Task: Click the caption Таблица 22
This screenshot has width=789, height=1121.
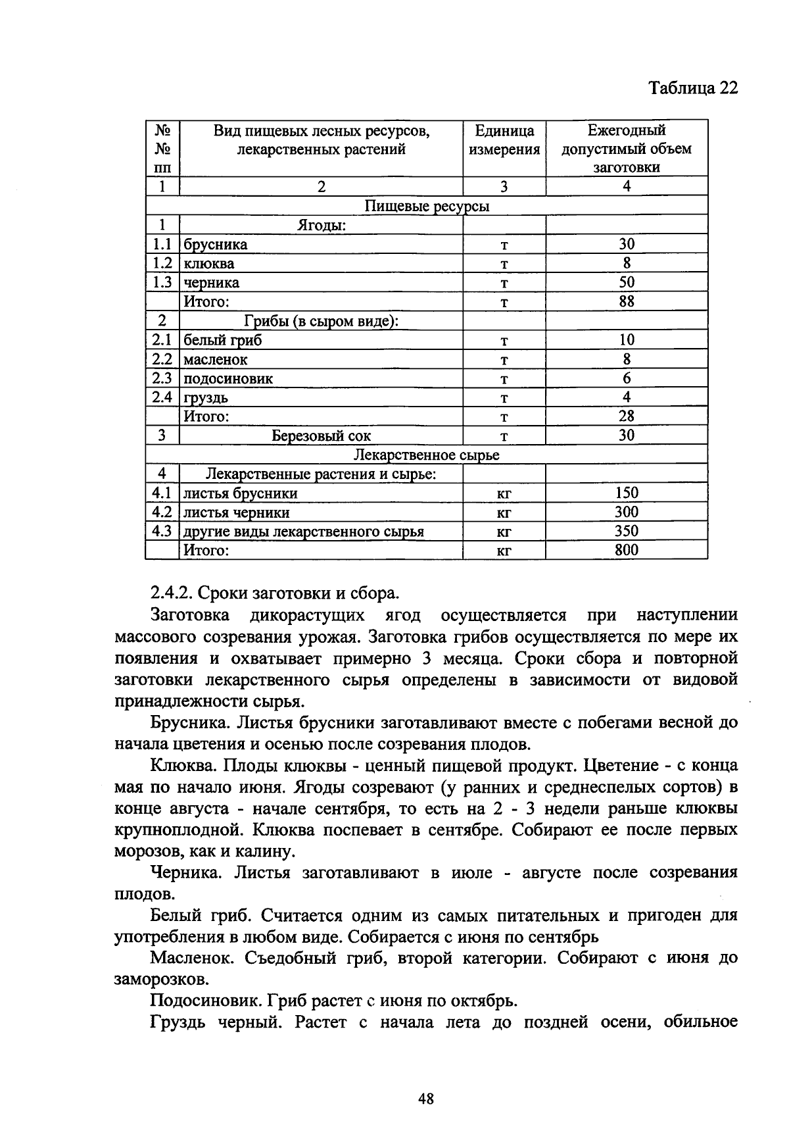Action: click(x=693, y=88)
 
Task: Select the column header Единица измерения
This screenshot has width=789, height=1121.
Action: click(x=504, y=140)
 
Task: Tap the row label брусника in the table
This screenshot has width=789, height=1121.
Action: click(x=216, y=245)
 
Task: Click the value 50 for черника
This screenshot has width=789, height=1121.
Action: click(x=627, y=282)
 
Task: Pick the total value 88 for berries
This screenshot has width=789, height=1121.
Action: click(x=627, y=301)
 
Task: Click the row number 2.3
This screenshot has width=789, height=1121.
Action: click(x=162, y=378)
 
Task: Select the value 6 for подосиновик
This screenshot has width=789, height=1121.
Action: click(x=627, y=378)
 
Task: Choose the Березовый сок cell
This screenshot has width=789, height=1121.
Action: click(x=321, y=436)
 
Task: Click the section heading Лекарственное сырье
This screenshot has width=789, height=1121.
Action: click(x=426, y=455)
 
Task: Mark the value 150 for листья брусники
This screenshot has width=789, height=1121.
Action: click(x=627, y=493)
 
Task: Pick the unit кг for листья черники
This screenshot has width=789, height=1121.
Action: click(x=504, y=512)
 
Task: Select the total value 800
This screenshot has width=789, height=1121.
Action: click(x=627, y=550)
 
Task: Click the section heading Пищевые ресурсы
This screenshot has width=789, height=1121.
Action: click(x=426, y=207)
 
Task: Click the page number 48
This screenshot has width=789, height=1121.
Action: click(x=426, y=1098)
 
